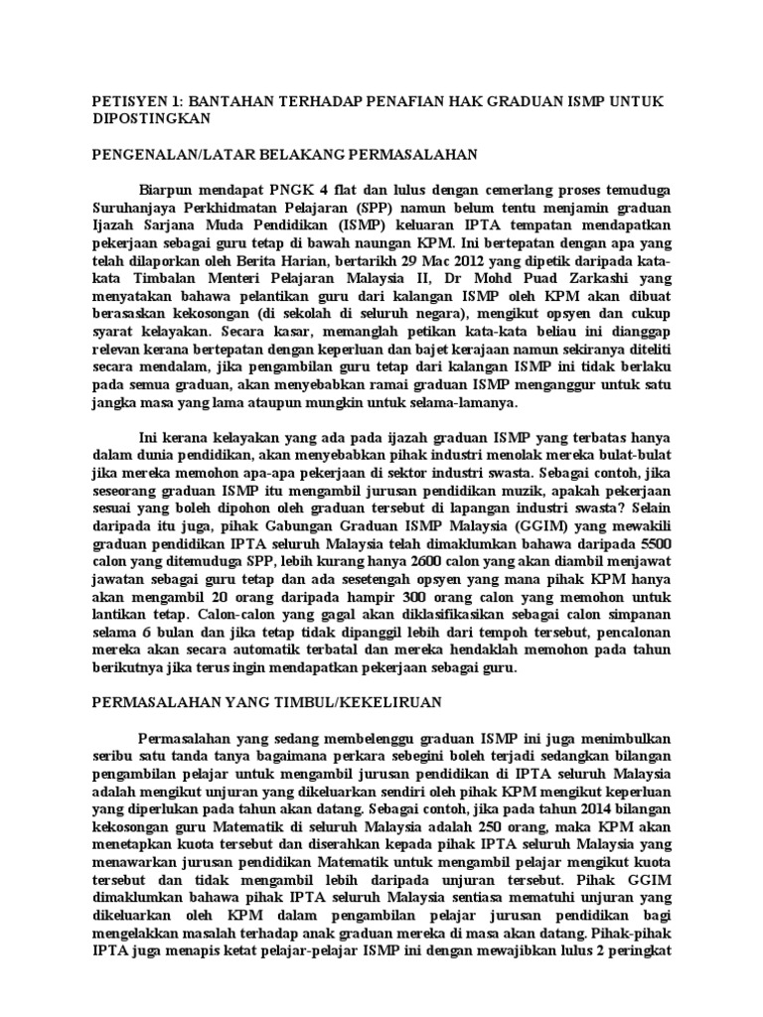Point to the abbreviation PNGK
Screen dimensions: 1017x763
point(269,190)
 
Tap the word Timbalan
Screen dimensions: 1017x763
point(153,279)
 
